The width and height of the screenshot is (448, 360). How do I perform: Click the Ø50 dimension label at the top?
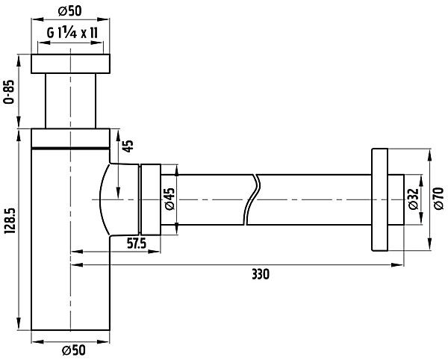pos(70,11)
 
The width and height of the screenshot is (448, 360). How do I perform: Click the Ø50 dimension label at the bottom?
pos(74,350)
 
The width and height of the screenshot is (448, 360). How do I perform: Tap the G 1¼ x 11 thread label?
pos(72,34)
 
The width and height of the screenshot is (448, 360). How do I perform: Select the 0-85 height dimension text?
pos(9,92)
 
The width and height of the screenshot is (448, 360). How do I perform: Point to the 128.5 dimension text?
pos(9,221)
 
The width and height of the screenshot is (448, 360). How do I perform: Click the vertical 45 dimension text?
pos(129,146)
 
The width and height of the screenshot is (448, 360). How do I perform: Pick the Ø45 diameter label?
pos(169,199)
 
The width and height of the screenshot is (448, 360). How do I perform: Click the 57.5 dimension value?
pos(137,243)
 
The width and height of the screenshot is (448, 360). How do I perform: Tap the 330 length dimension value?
pos(261,275)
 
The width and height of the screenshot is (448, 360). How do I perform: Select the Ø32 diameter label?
pos(414,199)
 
